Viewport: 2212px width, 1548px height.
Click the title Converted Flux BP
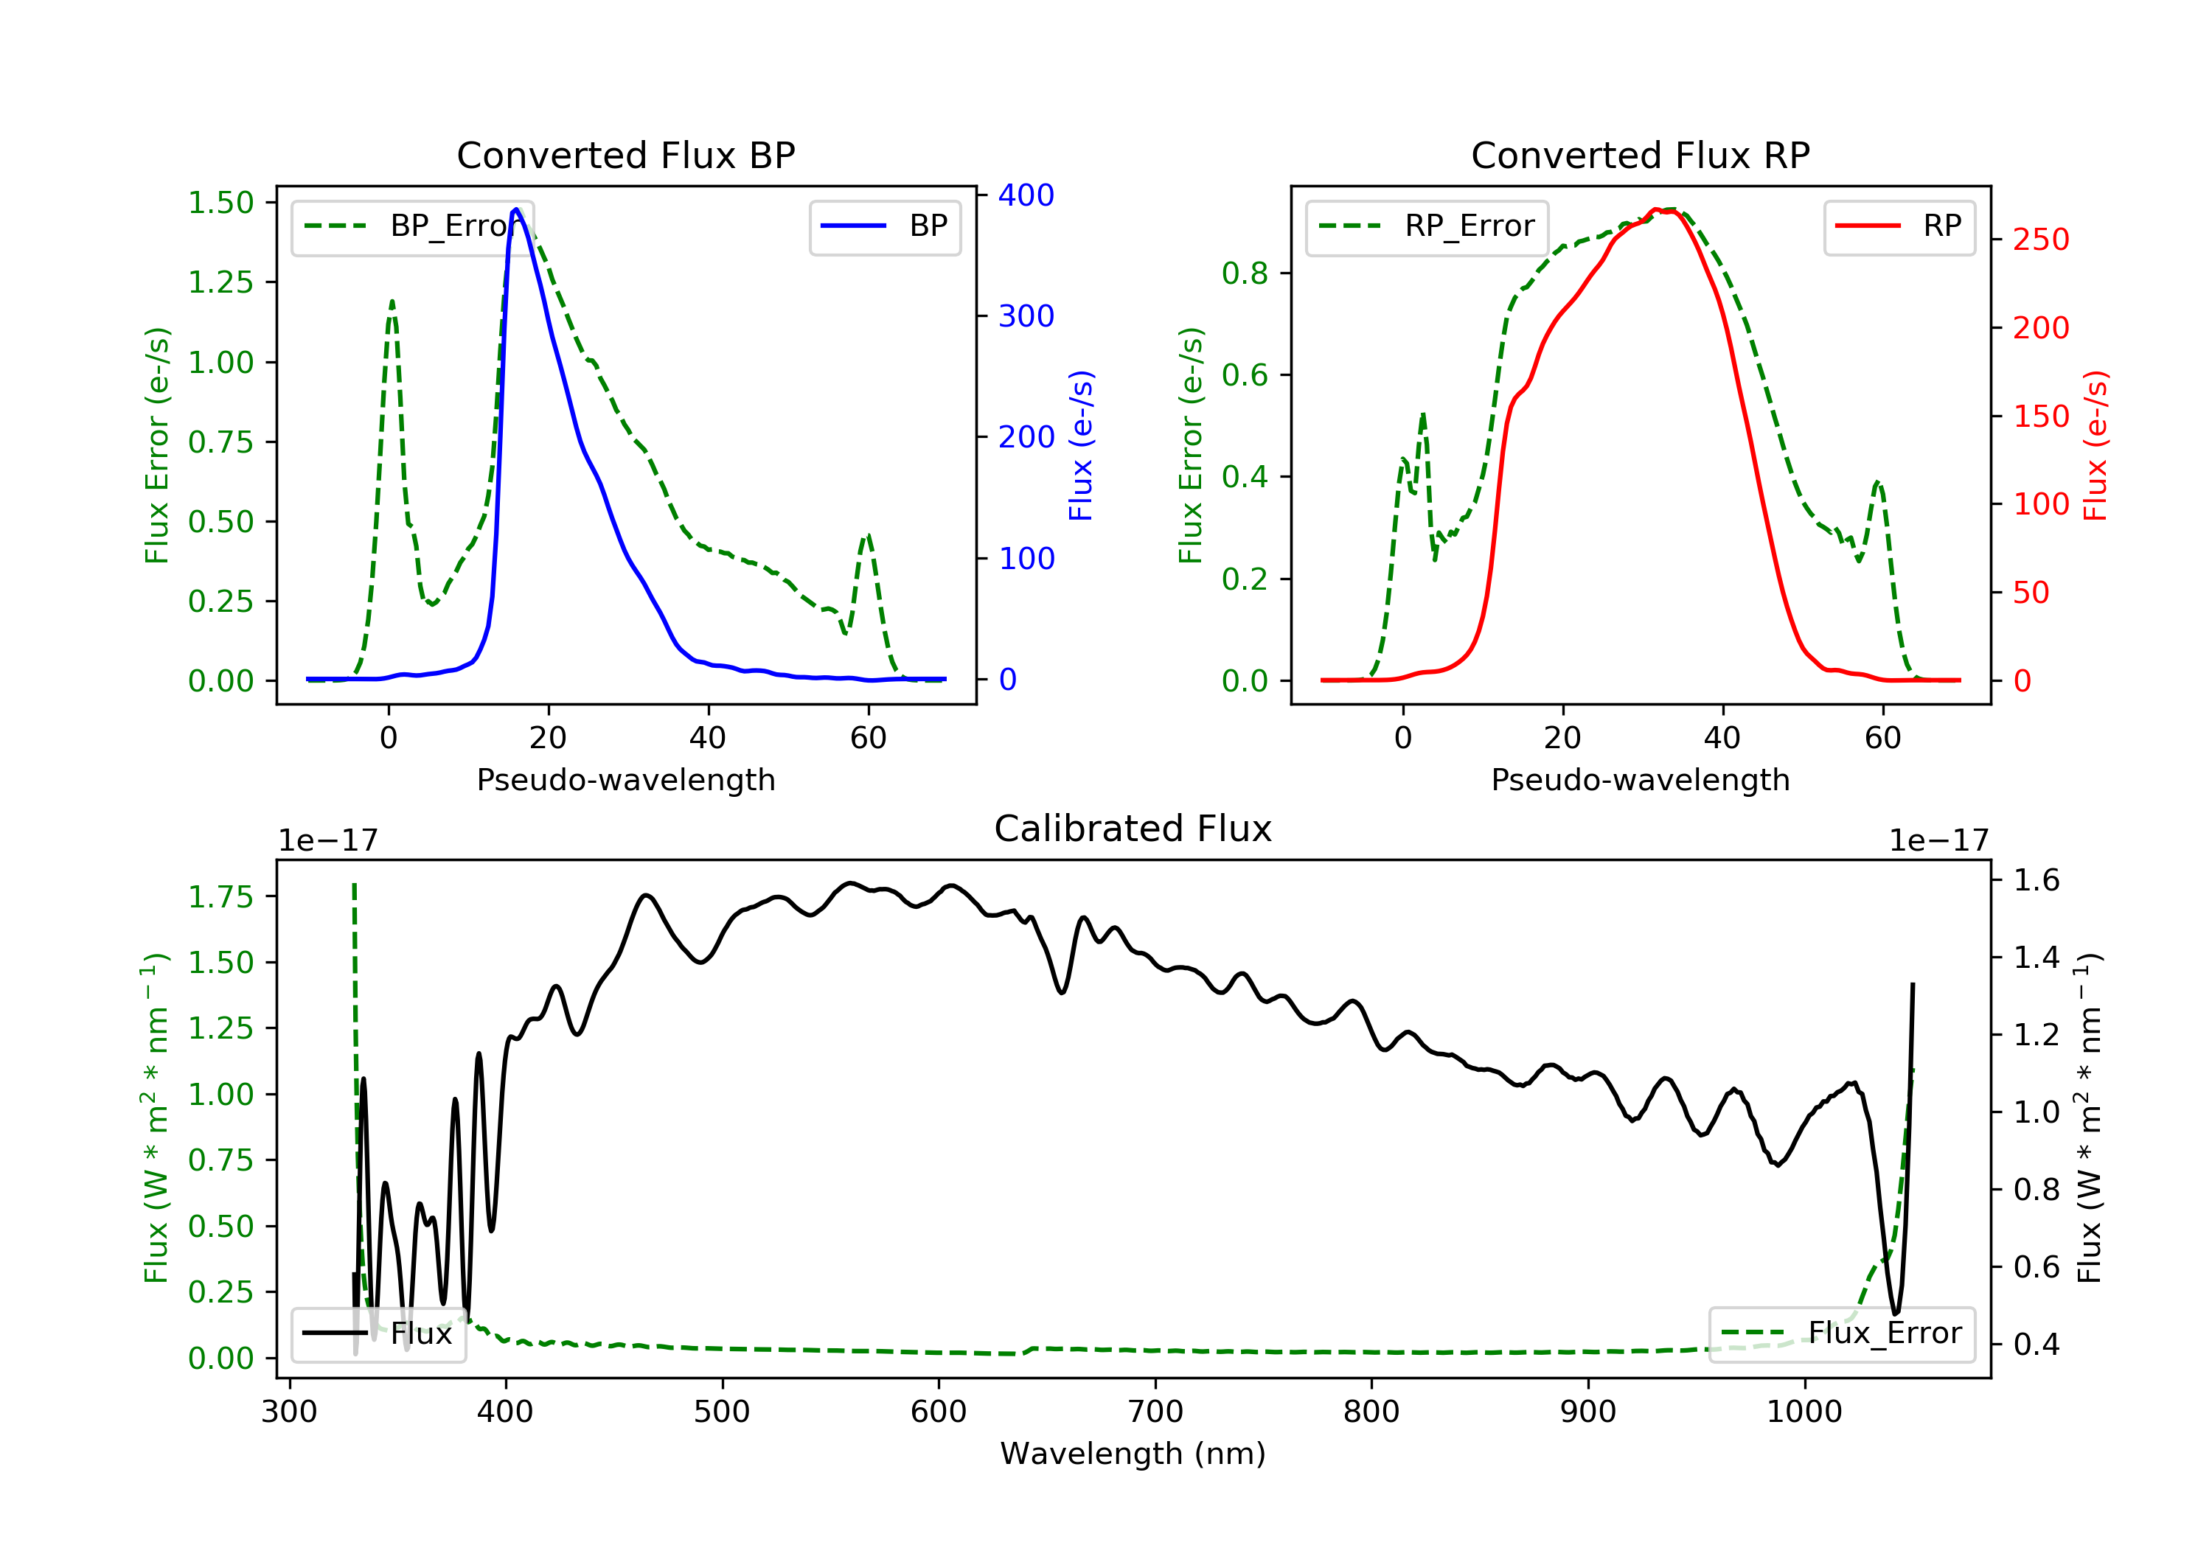click(x=626, y=155)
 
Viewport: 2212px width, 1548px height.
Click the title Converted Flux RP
click(x=1641, y=155)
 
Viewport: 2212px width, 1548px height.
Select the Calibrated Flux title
click(x=1133, y=829)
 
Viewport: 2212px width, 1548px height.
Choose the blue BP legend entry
click(x=884, y=226)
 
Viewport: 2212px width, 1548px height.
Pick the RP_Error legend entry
click(x=1427, y=226)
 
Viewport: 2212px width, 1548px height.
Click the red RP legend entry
click(x=1899, y=226)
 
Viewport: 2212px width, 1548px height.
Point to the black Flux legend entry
click(x=378, y=1333)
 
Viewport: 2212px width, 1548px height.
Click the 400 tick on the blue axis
click(x=1026, y=195)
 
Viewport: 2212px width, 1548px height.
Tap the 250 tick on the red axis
click(x=2040, y=240)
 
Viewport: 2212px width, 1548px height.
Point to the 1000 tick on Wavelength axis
click(x=1804, y=1412)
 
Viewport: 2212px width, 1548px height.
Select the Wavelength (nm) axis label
click(x=1133, y=1454)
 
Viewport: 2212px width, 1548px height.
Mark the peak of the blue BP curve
click(x=516, y=209)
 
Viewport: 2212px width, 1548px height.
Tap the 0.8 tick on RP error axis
click(x=1245, y=273)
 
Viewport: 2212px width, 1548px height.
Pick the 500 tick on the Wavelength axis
click(x=722, y=1412)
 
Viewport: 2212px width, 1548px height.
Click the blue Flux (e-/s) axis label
click(x=1081, y=446)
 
